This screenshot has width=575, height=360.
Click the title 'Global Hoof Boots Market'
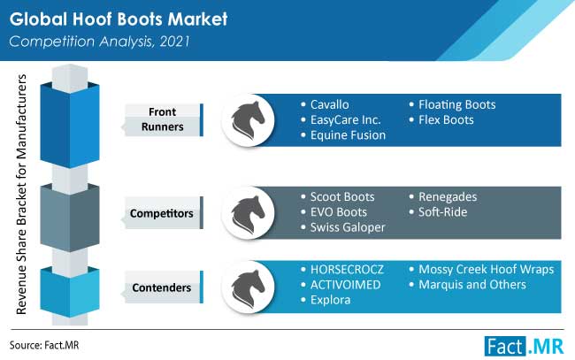tap(119, 19)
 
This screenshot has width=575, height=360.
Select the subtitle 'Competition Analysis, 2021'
tap(99, 42)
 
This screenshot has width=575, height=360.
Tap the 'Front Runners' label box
tap(163, 119)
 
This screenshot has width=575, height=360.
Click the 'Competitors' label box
tap(163, 213)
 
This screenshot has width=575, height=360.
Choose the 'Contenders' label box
tap(163, 287)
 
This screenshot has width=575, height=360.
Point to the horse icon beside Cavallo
tap(248, 120)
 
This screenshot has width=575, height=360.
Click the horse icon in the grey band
tap(248, 213)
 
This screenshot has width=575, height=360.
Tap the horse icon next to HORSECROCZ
tap(248, 287)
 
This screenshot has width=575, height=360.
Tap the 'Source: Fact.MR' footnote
tap(44, 345)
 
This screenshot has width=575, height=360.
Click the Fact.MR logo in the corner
tap(524, 346)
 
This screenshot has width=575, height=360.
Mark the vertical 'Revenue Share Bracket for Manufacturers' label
tap(21, 195)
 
